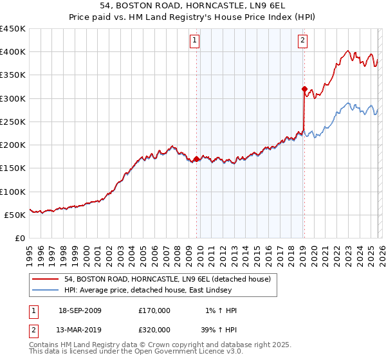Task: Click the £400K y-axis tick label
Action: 13,52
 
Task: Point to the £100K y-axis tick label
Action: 13,192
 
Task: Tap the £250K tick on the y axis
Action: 13,122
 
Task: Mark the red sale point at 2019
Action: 304,89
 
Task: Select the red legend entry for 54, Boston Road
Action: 170,278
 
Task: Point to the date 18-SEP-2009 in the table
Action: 80,310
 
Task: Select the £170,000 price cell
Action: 154,310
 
